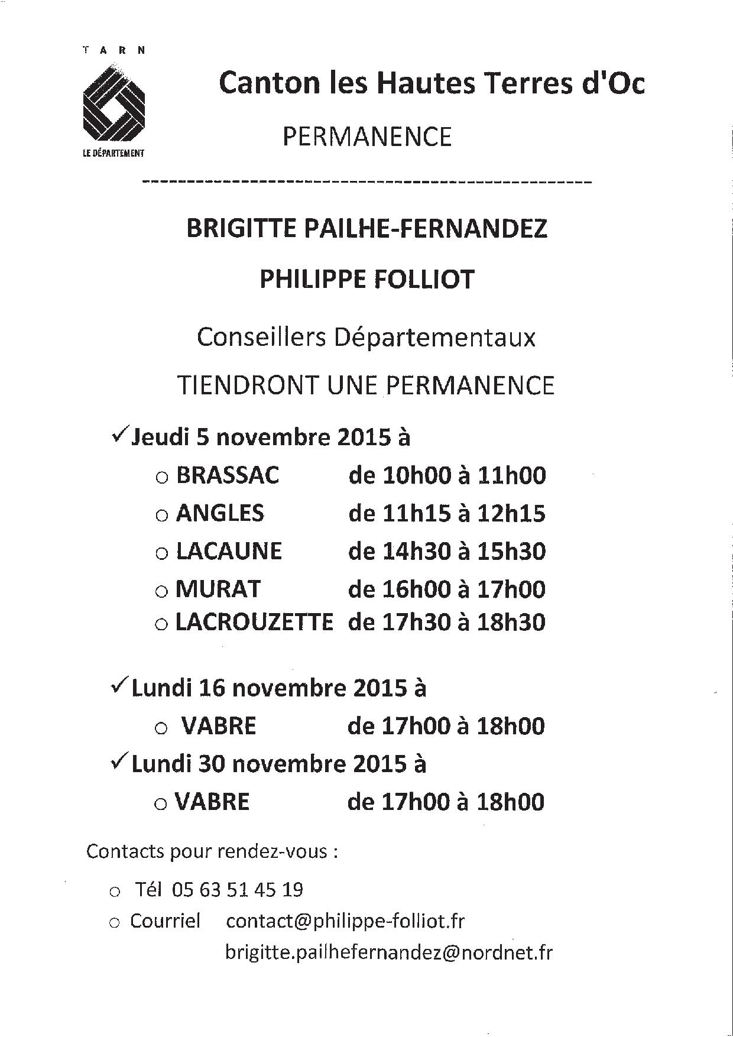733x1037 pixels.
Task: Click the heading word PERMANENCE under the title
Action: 367,137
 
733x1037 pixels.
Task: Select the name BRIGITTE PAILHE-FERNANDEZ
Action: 367,229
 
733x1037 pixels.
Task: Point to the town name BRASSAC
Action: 228,475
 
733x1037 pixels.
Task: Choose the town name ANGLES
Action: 220,513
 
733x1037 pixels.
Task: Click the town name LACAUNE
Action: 229,551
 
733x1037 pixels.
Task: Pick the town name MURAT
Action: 218,589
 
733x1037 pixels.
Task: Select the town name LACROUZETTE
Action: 255,622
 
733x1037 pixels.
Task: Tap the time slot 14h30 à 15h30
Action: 447,551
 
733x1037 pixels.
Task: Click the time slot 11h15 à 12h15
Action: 447,513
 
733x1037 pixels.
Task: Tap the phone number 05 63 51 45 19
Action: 238,889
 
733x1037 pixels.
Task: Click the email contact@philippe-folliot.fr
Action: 345,921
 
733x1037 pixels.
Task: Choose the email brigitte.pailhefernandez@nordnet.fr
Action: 389,952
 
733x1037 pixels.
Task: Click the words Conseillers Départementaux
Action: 367,338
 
